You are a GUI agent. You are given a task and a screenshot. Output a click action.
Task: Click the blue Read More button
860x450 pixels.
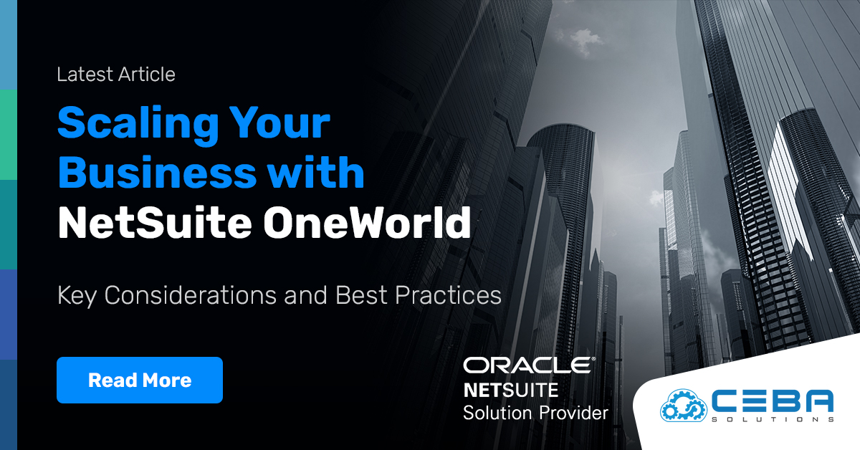139,380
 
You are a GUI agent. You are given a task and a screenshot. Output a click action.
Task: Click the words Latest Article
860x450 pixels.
116,75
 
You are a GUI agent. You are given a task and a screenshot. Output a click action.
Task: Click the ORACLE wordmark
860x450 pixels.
529,365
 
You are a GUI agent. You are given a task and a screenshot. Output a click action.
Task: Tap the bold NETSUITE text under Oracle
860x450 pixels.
510,391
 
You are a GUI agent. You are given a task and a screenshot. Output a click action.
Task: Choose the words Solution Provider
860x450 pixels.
535,413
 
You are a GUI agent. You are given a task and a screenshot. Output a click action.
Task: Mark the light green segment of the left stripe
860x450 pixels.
8,135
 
